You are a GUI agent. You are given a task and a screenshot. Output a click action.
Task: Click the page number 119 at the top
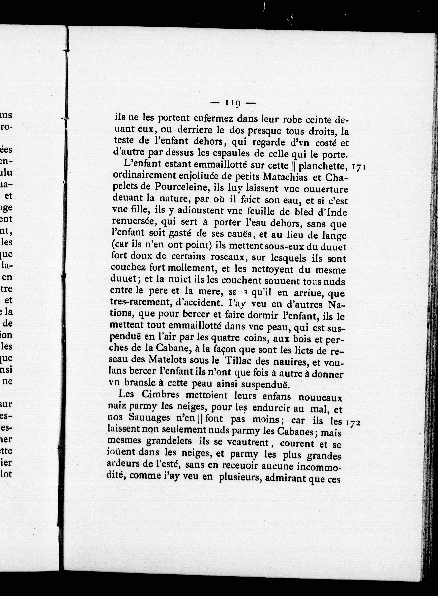click(x=233, y=103)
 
